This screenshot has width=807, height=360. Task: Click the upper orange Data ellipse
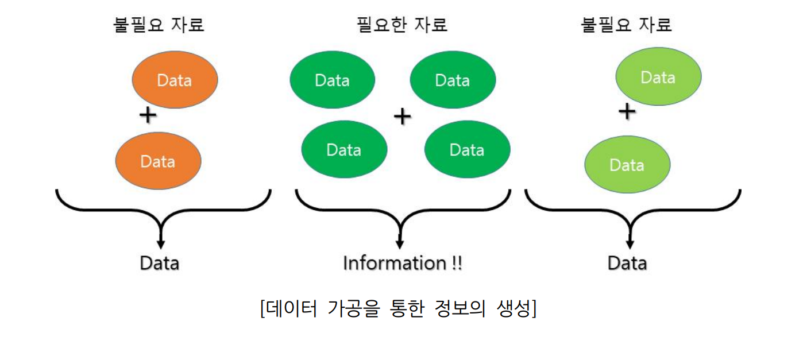click(175, 80)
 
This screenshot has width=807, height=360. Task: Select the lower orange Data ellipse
click(158, 161)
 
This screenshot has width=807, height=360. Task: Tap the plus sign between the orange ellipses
click(148, 116)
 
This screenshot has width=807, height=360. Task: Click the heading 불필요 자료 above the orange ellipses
click(159, 25)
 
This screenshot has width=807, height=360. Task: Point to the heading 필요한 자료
click(401, 25)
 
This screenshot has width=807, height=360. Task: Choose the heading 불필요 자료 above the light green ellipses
click(627, 25)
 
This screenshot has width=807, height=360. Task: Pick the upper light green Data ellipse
click(658, 76)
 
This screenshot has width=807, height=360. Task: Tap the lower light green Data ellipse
click(627, 165)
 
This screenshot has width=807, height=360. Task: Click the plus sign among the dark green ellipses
click(402, 117)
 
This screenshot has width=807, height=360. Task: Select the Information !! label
click(402, 264)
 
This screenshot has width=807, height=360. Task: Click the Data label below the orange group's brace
click(160, 264)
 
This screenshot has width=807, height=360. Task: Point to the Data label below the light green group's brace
click(627, 264)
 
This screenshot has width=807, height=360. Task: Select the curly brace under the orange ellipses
click(163, 207)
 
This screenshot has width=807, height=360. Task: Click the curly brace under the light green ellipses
click(632, 207)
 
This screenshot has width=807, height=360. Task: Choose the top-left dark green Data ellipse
click(333, 80)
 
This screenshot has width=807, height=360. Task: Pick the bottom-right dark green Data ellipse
click(467, 150)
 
